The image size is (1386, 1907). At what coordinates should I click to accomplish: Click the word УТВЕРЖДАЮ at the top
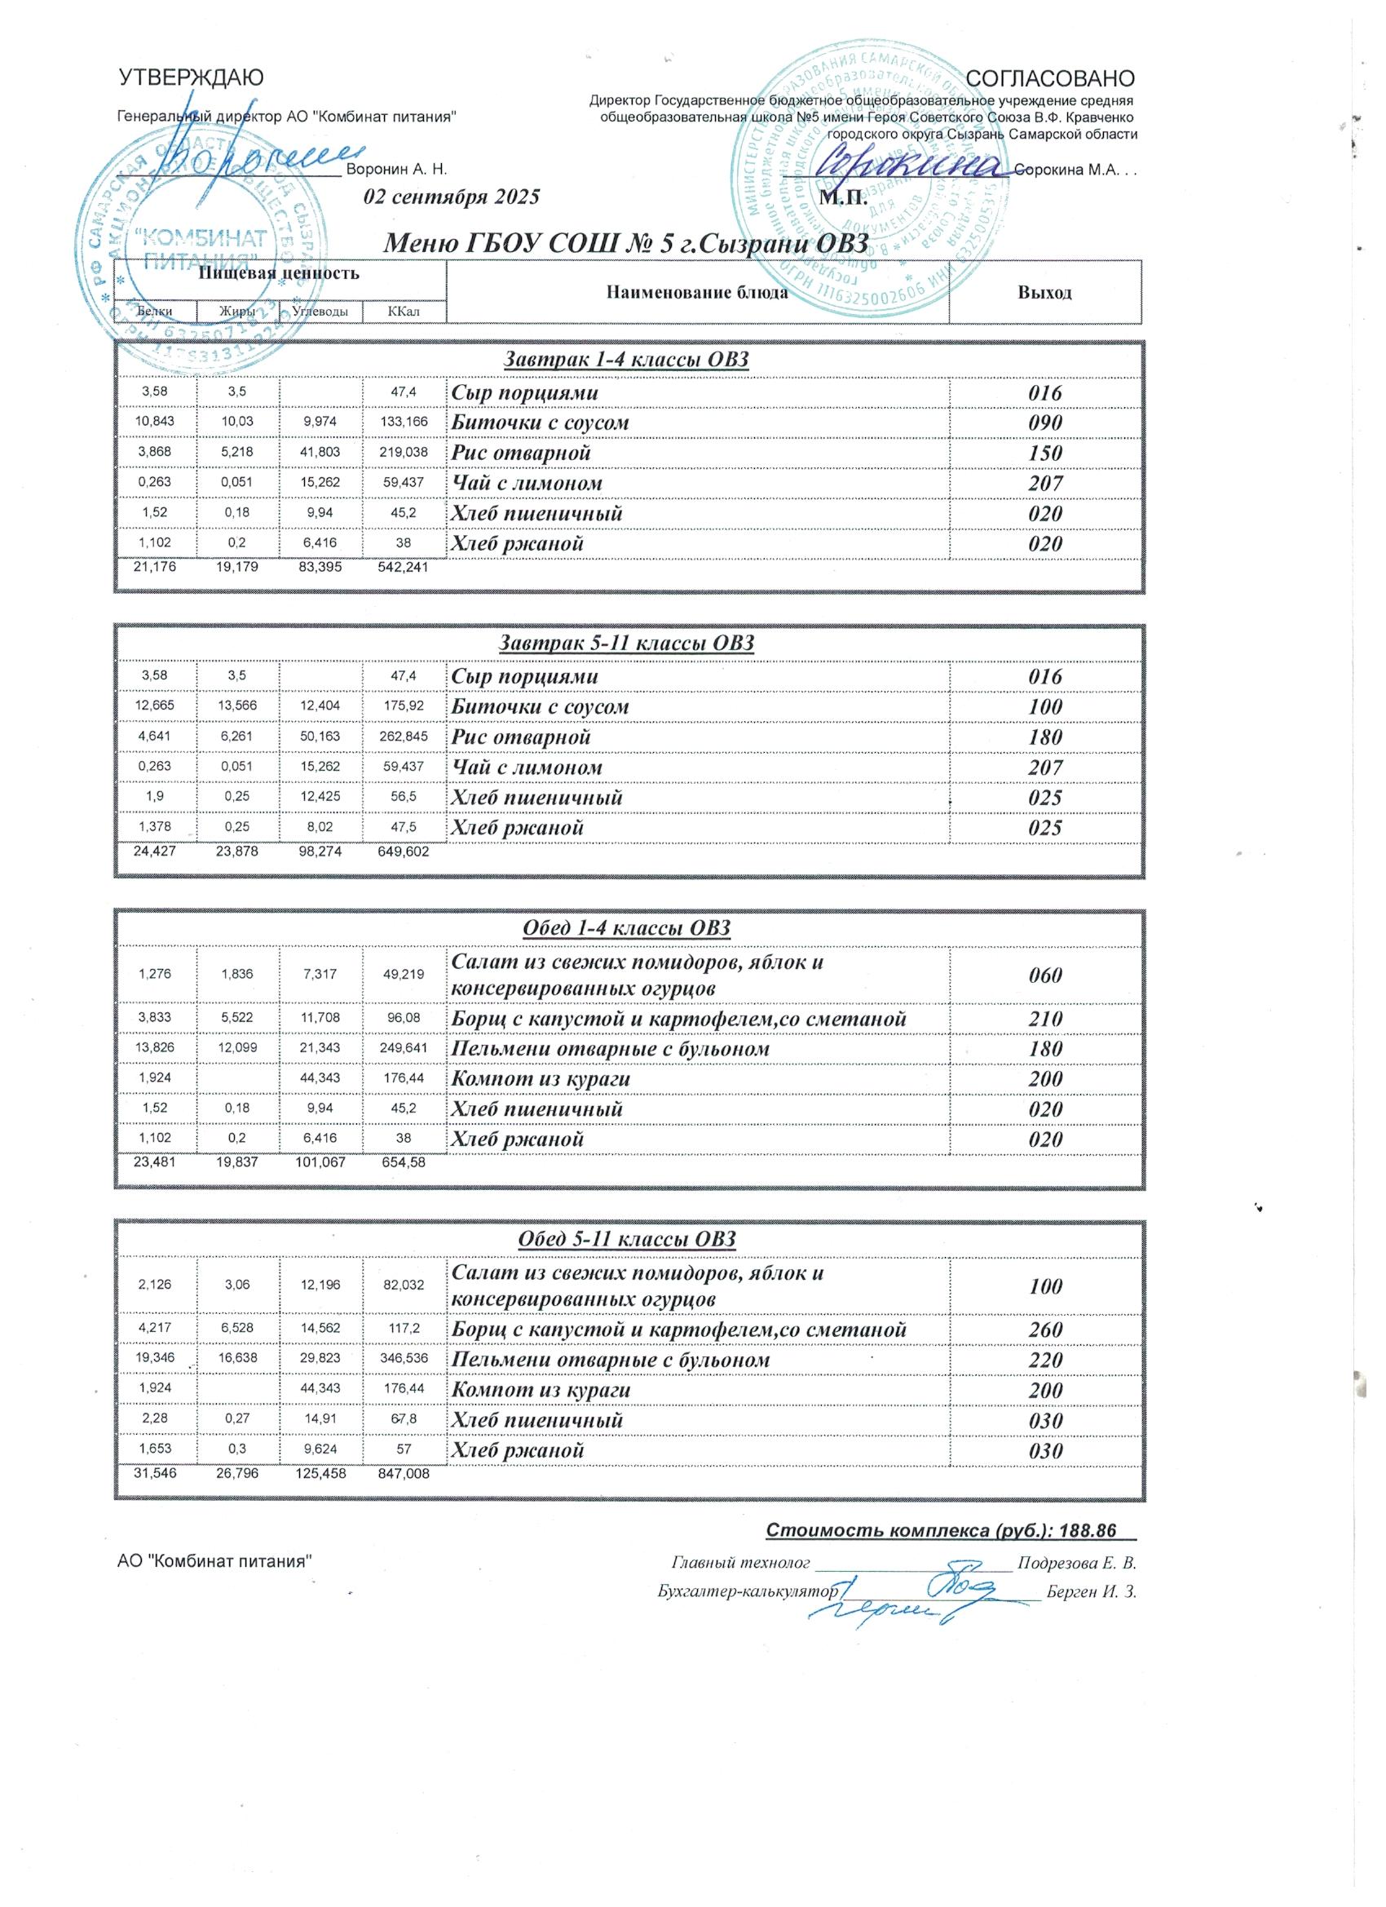191,78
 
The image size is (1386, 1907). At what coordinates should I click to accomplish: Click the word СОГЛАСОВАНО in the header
1051,78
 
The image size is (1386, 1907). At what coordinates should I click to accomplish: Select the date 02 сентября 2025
451,197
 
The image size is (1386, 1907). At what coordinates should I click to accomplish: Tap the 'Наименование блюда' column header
697,293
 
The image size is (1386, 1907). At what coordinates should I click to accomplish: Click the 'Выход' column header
1044,293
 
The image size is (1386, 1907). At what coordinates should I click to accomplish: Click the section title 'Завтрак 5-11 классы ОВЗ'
627,644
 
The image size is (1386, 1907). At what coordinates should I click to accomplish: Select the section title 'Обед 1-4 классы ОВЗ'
627,928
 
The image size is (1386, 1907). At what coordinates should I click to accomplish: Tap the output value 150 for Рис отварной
1045,454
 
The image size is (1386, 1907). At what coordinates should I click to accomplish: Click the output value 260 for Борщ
1045,1330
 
